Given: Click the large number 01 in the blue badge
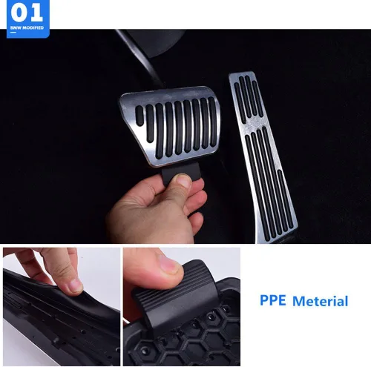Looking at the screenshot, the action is (27, 13).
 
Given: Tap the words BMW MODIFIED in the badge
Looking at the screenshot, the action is (27, 27).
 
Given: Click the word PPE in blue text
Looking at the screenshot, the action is (273, 300).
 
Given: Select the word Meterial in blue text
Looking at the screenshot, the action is (321, 301).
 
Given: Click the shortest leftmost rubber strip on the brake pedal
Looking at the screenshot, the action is (139, 116).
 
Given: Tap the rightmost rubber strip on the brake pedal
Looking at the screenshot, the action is (212, 122).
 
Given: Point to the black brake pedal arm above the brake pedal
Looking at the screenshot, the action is (141, 53).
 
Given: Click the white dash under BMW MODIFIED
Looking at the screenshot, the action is (13, 32).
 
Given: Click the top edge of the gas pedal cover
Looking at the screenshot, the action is (241, 73).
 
